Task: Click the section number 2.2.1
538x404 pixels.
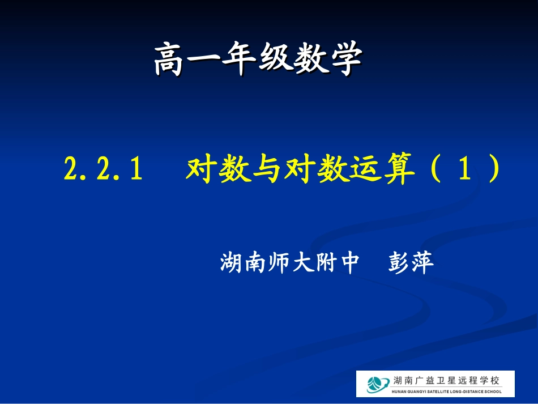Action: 102,169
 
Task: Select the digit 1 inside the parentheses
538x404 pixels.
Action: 462,169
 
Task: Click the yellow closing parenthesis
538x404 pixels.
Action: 492,169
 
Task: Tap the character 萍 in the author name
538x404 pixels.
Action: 422,263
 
